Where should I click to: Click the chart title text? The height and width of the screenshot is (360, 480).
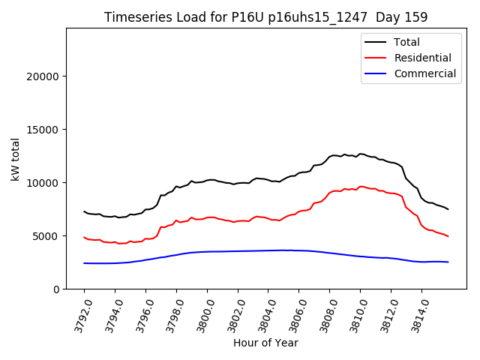tap(265, 17)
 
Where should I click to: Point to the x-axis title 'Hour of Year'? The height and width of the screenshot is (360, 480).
tap(265, 343)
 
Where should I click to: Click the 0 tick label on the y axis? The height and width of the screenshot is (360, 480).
tap(55, 289)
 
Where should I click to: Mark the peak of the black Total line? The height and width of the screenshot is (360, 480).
tap(361, 154)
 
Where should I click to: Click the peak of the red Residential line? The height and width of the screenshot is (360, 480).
tap(361, 186)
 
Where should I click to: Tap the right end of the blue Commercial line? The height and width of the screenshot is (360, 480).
tap(448, 262)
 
